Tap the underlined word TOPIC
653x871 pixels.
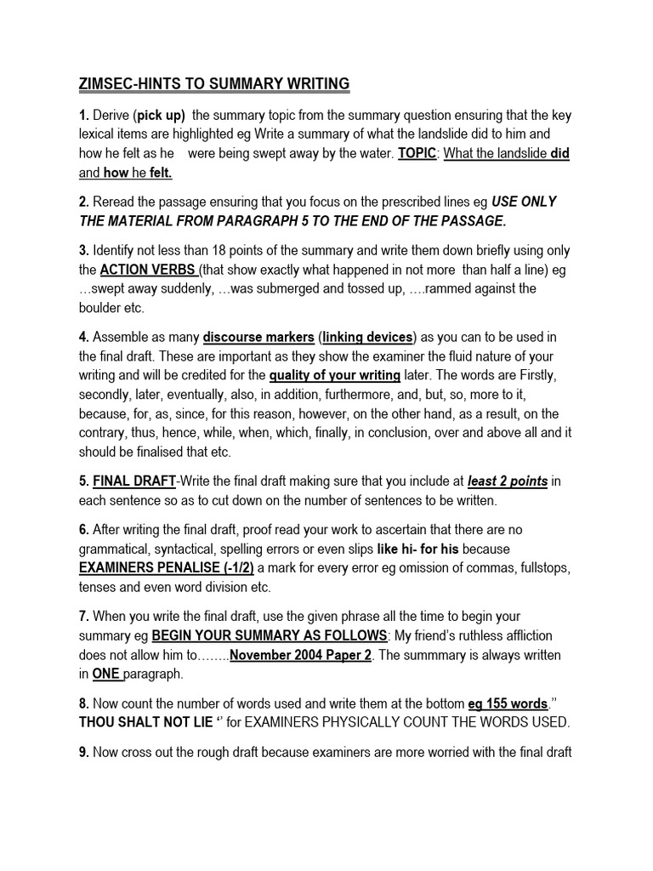[417, 154]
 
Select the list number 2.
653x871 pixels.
[83, 202]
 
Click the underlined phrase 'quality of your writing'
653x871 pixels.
[335, 375]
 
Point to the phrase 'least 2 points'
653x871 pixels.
[509, 481]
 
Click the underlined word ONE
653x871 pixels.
[107, 675]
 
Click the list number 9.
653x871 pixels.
[83, 752]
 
